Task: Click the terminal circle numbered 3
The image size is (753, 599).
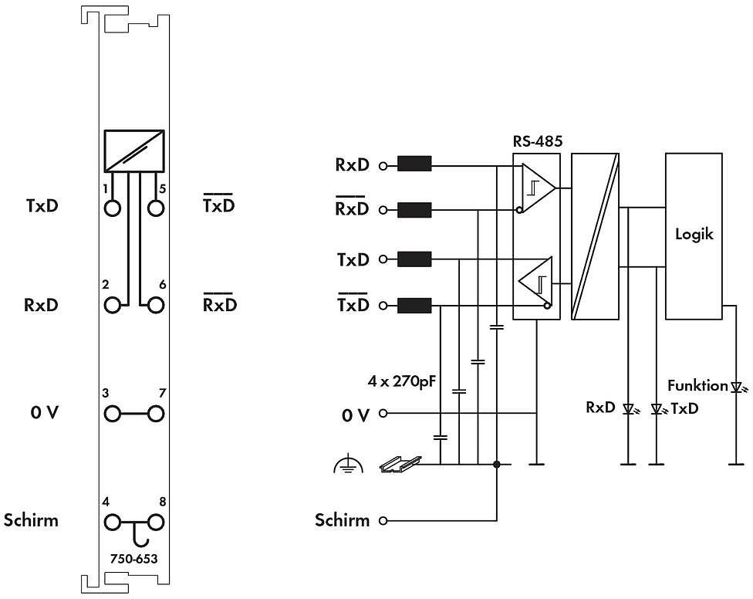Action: coord(113,414)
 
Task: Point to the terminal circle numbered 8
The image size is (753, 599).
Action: coord(157,522)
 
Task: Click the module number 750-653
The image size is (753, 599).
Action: coord(133,558)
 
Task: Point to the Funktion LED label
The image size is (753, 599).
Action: coord(697,385)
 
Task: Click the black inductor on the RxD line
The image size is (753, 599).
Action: coord(414,164)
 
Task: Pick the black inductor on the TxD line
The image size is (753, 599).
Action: coord(414,259)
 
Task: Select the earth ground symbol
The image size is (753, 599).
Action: coord(348,465)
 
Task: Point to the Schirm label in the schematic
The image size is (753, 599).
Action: coord(342,520)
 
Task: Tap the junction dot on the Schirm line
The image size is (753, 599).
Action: coord(497,465)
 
